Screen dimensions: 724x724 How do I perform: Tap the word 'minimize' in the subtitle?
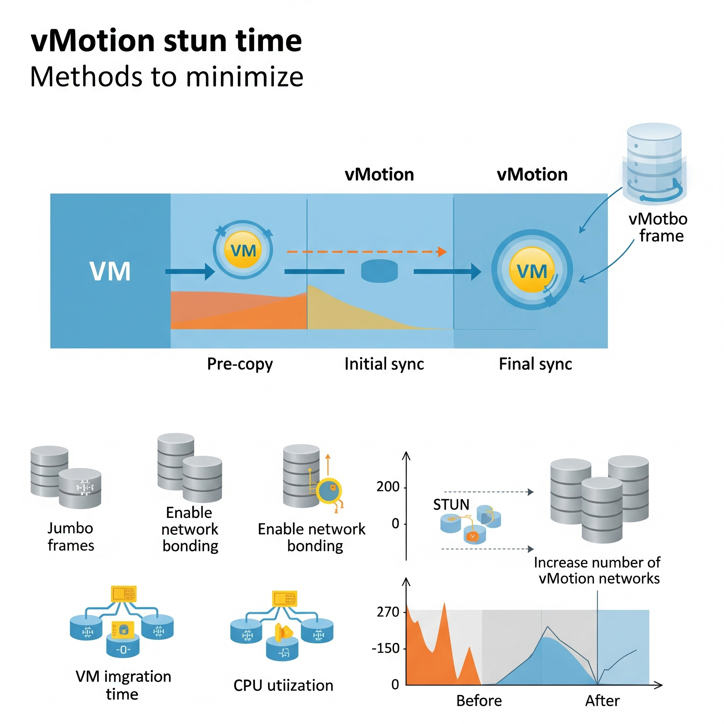click(244, 77)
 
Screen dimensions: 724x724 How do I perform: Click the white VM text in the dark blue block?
click(110, 271)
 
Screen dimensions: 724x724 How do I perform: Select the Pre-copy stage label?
click(240, 364)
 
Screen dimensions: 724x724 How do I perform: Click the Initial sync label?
click(384, 364)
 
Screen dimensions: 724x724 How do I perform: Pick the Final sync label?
click(535, 364)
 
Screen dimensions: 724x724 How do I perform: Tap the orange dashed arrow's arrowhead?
click(443, 251)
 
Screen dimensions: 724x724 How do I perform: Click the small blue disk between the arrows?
click(379, 271)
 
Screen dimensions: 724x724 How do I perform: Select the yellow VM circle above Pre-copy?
click(243, 250)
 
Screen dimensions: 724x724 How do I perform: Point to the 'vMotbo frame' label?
click(658, 227)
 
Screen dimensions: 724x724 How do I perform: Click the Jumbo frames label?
click(70, 537)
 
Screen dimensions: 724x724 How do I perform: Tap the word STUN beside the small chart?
click(451, 505)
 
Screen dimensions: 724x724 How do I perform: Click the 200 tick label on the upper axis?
click(388, 487)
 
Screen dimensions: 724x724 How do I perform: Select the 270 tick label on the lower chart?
click(388, 612)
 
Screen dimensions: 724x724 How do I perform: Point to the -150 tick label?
click(386, 648)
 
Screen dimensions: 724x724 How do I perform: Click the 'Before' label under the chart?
click(479, 701)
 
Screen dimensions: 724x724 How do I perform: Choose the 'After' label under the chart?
click(602, 701)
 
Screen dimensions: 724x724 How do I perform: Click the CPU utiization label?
click(283, 685)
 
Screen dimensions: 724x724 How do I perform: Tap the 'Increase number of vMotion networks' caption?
click(597, 570)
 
